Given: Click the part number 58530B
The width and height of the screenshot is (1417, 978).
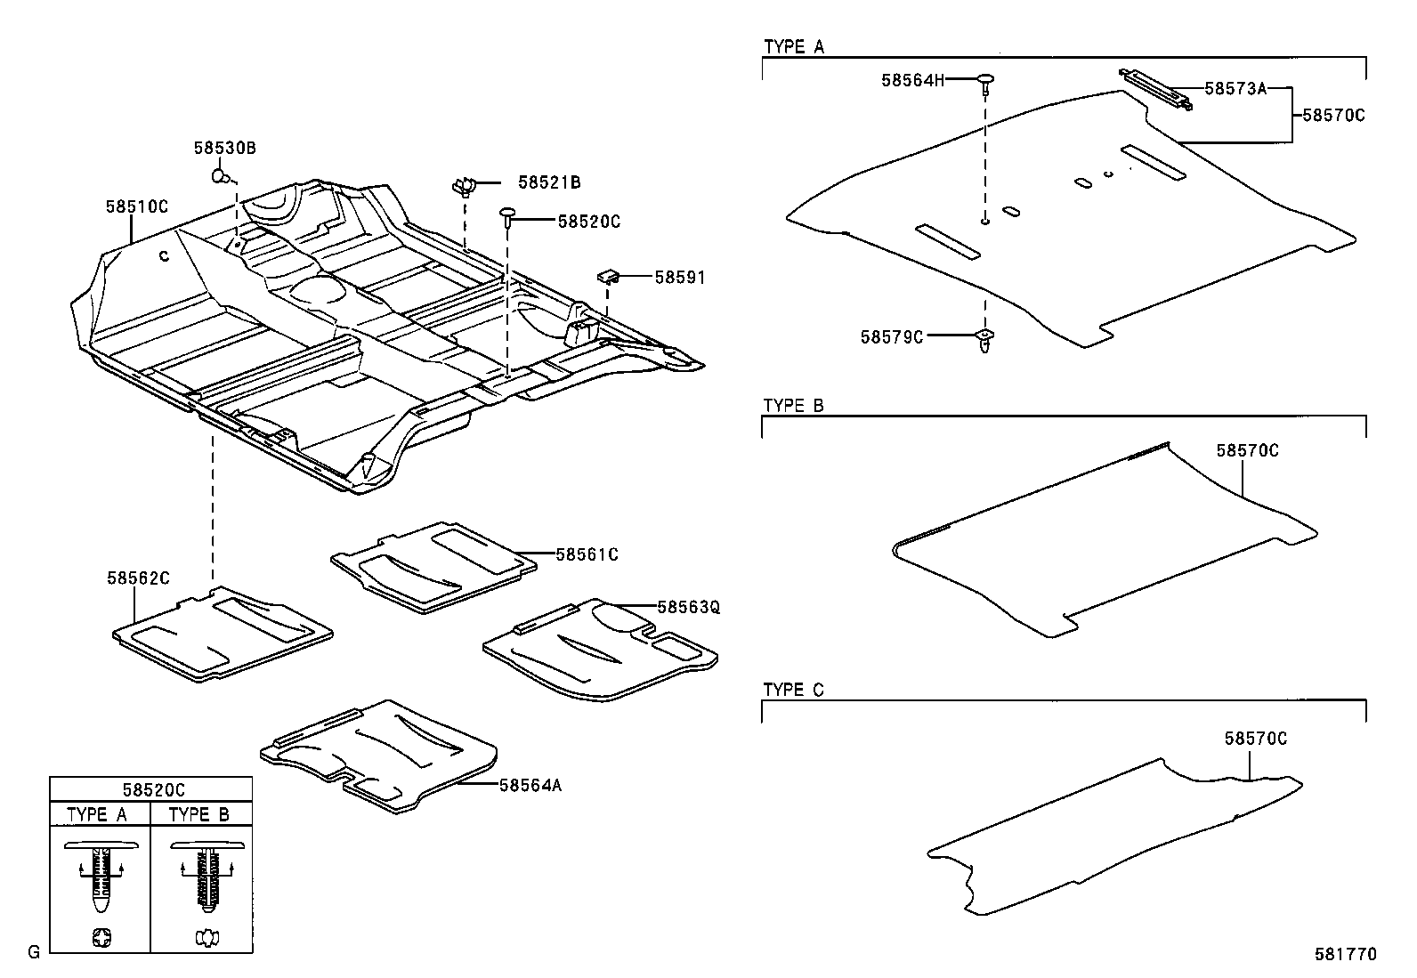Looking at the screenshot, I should point(224,148).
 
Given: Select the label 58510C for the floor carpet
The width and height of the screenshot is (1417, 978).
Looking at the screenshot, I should point(137,206).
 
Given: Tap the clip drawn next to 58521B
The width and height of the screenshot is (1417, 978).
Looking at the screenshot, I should point(464,186).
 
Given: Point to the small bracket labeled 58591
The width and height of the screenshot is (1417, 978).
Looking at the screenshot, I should point(609,277).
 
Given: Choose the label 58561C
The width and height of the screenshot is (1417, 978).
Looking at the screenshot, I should point(587,554).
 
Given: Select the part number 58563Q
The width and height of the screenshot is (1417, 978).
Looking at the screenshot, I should point(688,607).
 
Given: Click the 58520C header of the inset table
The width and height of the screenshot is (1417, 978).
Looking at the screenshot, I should point(150,789).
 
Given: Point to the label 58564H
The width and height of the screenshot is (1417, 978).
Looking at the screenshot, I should point(912,80).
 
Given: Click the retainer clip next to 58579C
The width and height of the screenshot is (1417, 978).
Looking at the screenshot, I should point(985,339).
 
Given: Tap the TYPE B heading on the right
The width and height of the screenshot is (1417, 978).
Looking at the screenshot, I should point(794,406).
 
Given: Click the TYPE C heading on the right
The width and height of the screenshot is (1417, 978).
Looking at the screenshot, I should point(794,690).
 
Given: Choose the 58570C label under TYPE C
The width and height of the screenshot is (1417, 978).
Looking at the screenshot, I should point(1255,738).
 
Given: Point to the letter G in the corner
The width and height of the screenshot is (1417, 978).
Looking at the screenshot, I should point(34,953).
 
